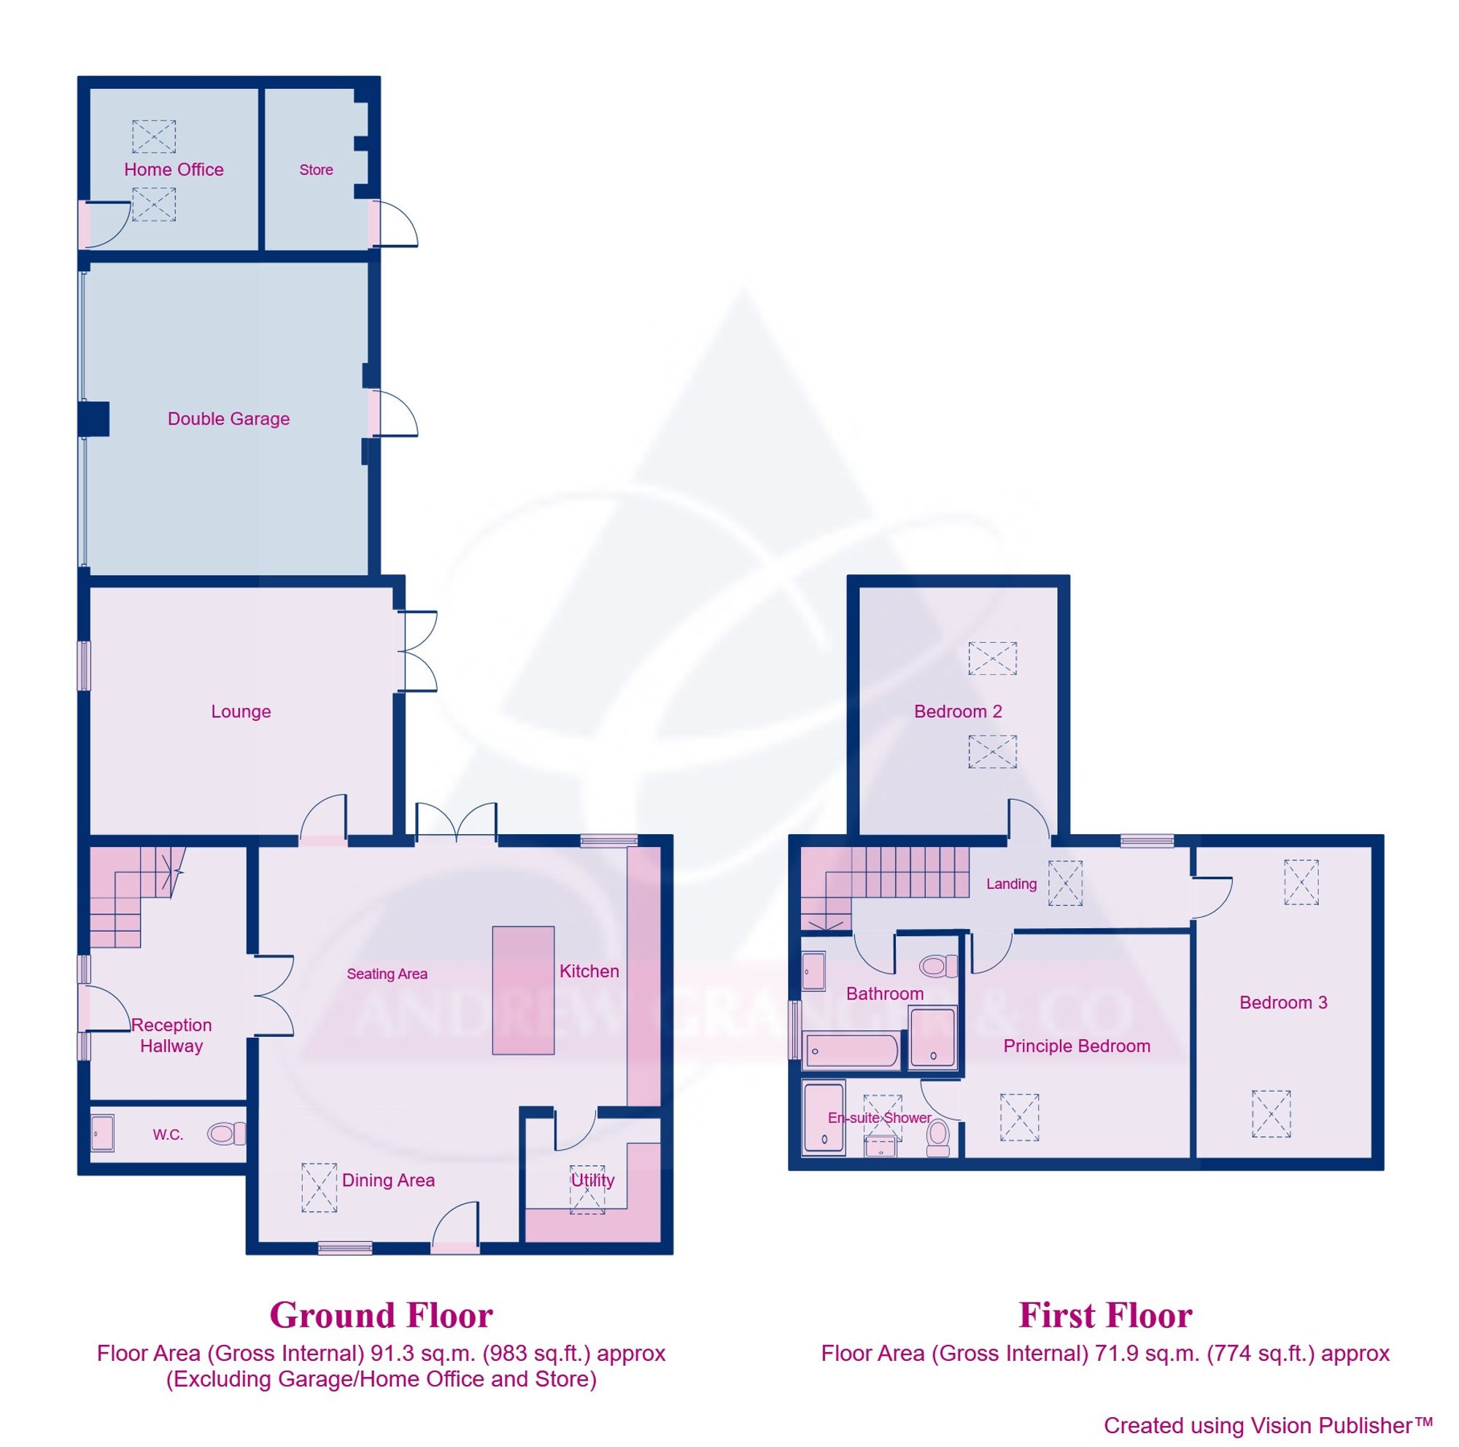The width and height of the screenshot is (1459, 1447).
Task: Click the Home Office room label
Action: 174,169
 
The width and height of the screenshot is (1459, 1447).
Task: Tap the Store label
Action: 316,170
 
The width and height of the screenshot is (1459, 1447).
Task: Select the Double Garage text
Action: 228,418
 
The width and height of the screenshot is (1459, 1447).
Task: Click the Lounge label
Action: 240,711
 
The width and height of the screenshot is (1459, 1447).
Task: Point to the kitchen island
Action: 522,990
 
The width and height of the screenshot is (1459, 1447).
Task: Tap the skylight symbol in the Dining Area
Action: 319,1188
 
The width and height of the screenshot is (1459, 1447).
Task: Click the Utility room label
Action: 592,1181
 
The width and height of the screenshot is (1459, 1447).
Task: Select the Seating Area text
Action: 387,974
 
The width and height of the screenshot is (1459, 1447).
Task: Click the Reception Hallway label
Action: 171,1035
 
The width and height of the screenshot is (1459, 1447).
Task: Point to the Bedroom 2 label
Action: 958,711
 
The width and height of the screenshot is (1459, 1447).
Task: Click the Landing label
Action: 1011,884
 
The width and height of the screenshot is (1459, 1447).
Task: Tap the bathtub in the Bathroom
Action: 852,1051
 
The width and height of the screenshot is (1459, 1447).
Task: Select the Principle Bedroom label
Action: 1076,1046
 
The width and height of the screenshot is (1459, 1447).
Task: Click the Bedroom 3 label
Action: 1283,1002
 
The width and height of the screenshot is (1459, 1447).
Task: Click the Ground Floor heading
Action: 381,1315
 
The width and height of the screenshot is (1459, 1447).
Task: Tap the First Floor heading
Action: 1104,1315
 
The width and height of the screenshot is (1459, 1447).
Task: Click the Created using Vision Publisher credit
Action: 1267,1425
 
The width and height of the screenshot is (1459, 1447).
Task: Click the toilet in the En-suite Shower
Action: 938,1138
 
